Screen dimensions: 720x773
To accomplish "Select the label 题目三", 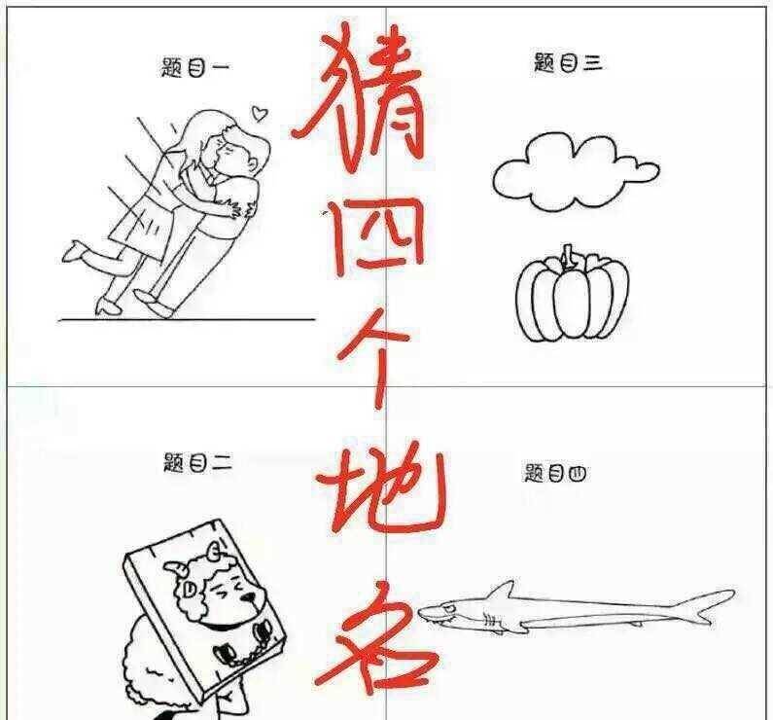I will (569, 64).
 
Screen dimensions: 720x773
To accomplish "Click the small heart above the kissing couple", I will (259, 113).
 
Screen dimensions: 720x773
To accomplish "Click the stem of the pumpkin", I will (574, 258).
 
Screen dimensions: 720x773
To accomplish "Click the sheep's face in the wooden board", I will (228, 598).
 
